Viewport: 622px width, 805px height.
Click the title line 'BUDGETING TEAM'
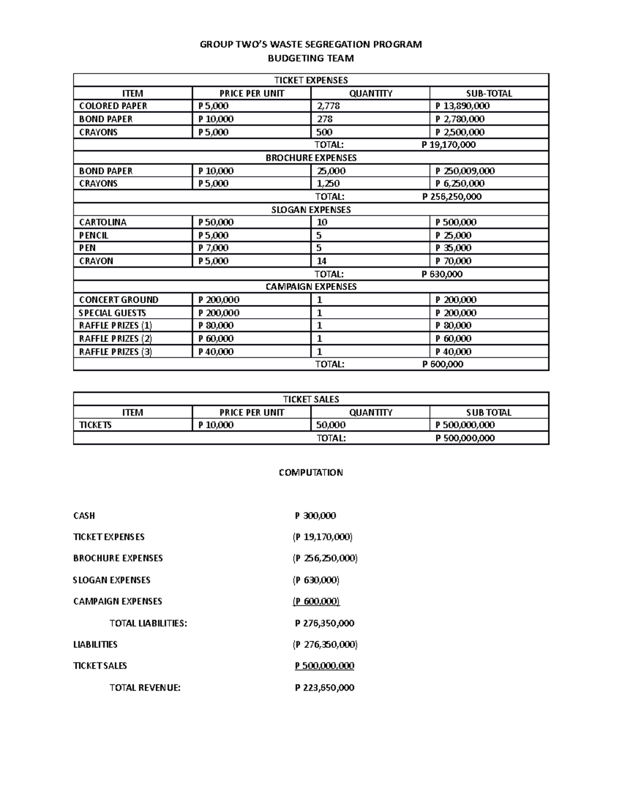click(310, 59)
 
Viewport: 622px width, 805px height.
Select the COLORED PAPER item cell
click(113, 106)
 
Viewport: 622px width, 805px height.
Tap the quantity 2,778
click(329, 106)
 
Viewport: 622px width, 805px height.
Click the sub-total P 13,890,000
click(462, 106)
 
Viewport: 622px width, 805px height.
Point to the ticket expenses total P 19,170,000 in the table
click(448, 145)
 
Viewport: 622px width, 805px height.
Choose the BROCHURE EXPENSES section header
click(311, 158)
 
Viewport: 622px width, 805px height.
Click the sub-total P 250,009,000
click(465, 171)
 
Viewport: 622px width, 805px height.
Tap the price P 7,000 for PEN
click(214, 248)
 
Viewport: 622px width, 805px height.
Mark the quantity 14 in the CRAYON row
click(321, 261)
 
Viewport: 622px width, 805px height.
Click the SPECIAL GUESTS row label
click(112, 313)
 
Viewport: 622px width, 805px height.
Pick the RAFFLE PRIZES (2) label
click(116, 338)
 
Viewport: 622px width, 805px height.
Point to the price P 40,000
click(216, 351)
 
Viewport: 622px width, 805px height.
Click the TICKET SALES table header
click(311, 399)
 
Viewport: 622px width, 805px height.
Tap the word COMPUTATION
click(310, 472)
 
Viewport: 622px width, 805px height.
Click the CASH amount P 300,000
click(315, 516)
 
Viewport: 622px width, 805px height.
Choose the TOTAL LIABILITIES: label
click(148, 623)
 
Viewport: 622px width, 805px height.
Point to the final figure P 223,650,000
click(324, 688)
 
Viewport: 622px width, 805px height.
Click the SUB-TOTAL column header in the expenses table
click(489, 93)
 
